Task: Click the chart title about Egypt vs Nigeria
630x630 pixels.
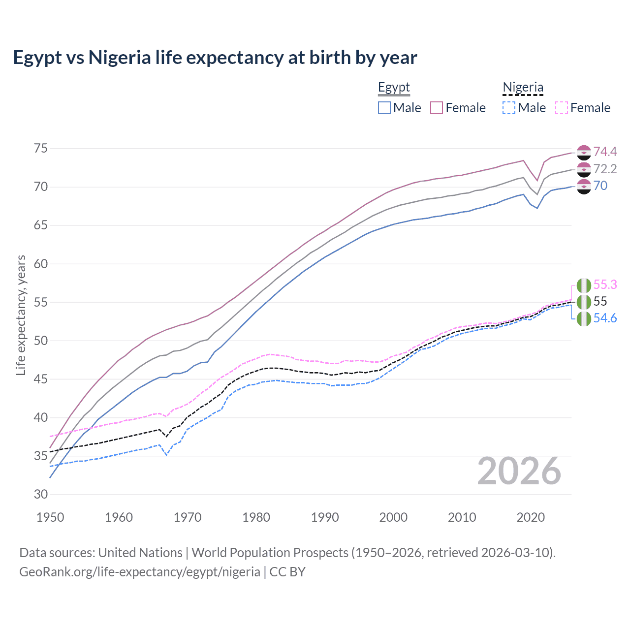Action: (x=215, y=58)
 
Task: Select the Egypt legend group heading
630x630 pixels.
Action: (x=394, y=88)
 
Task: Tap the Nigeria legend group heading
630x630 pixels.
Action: (x=523, y=88)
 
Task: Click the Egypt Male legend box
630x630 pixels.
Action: (x=384, y=108)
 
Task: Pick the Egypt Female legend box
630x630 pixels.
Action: (x=437, y=108)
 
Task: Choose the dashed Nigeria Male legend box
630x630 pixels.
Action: (x=509, y=108)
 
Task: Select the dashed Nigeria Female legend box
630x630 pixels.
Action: (x=562, y=108)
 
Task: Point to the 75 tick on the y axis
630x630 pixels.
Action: (x=40, y=149)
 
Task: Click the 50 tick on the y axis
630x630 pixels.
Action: (x=40, y=341)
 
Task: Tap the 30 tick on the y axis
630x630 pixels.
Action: (x=40, y=494)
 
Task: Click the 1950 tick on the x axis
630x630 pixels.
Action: (x=50, y=517)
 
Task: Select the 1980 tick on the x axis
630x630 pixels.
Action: (x=256, y=517)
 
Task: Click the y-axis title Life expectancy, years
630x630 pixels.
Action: (x=21, y=315)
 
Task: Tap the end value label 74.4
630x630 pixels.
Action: (x=605, y=152)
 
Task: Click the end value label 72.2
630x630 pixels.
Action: (x=605, y=169)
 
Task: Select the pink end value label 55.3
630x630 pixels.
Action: (x=605, y=284)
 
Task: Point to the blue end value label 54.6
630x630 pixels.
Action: (x=605, y=318)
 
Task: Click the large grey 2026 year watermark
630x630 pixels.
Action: (x=519, y=471)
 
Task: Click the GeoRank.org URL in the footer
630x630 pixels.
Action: (x=140, y=572)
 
